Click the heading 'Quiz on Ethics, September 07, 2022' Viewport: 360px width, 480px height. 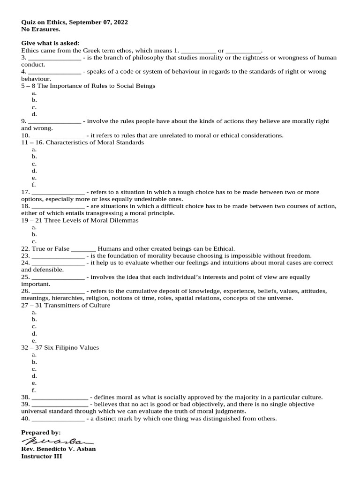tap(75, 22)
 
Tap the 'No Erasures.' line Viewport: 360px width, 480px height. tap(41, 29)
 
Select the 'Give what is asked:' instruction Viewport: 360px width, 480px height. tap(50, 43)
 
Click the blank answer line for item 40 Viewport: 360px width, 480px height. tap(57, 419)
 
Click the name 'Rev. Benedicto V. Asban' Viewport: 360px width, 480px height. tap(59, 449)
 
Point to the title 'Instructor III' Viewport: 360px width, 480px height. tap(41, 456)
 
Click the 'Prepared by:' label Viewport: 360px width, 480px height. tap(41, 432)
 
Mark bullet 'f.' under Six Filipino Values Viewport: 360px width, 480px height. tap(34, 390)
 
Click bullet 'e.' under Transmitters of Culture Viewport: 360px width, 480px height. tap(34, 340)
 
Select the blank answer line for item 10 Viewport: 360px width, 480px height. tap(57, 135)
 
